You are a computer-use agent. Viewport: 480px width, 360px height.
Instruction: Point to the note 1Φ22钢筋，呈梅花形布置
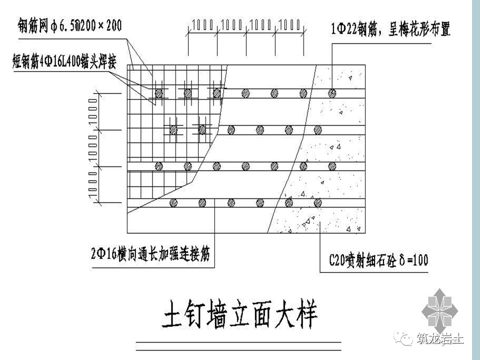(390, 30)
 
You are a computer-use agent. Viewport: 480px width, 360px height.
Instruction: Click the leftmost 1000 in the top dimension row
(203, 23)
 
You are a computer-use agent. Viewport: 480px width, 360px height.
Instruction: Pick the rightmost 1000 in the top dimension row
(290, 23)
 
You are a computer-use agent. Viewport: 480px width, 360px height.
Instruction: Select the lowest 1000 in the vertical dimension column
(93, 184)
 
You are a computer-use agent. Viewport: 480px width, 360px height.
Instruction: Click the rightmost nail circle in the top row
(332, 93)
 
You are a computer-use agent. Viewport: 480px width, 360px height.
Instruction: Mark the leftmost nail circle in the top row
(159, 93)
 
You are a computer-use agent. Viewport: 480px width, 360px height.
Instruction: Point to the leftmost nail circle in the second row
(173, 129)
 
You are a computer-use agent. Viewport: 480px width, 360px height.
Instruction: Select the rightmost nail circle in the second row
(317, 129)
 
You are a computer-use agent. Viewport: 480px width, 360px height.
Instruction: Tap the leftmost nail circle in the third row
(159, 166)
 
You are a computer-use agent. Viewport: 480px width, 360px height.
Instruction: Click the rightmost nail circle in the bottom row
(317, 202)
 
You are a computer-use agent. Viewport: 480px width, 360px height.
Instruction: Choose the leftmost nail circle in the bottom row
(173, 202)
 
